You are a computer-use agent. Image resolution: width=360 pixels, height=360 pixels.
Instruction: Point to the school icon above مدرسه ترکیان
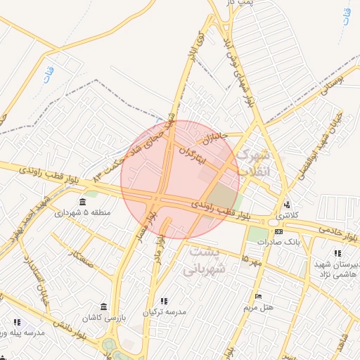coord(164,301)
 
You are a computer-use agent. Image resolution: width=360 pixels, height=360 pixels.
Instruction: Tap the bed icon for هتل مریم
coord(258,296)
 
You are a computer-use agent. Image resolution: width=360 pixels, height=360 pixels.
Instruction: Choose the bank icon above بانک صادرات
coord(279,231)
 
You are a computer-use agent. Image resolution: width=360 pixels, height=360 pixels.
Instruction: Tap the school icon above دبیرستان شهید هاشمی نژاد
coord(337,253)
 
